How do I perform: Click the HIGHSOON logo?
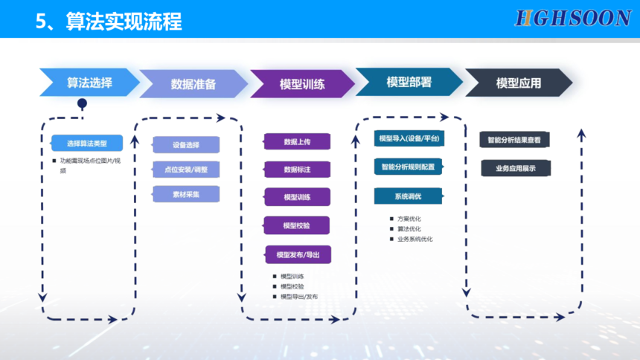coord(573,19)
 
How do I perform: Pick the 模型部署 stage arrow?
coord(409,82)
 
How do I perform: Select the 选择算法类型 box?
coord(86,143)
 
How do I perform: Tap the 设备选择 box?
coord(186,144)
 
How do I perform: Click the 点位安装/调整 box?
coord(186,170)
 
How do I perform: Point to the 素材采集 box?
coord(186,194)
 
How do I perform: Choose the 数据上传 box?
coord(297,141)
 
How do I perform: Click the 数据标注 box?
coord(297,170)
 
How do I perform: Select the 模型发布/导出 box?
coord(298,255)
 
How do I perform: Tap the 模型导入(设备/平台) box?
coord(409,139)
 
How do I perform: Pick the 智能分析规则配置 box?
coord(408,167)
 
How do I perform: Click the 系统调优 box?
coord(408,196)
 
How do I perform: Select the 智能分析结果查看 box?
coord(514,140)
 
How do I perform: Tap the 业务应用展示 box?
coord(514,169)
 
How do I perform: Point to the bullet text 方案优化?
coord(409,219)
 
